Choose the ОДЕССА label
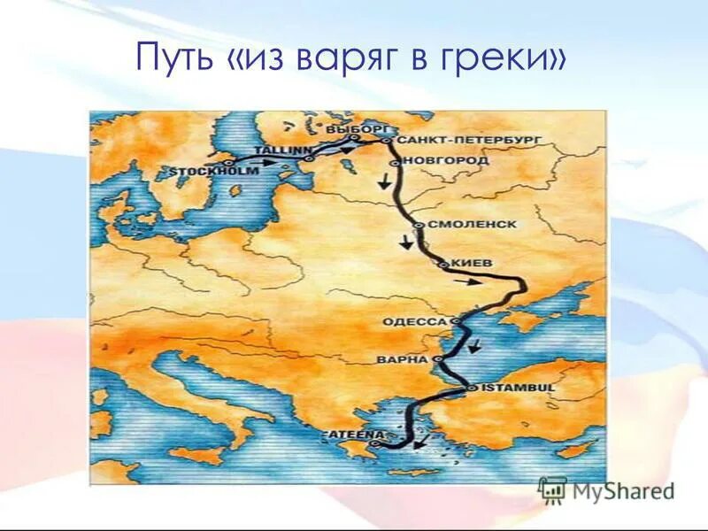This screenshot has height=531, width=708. [416, 321]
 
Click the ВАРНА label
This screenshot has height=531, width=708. [402, 360]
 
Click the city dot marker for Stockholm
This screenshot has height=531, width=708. [227, 163]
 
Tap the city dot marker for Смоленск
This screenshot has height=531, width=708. [418, 226]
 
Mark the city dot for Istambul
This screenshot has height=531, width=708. [472, 388]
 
